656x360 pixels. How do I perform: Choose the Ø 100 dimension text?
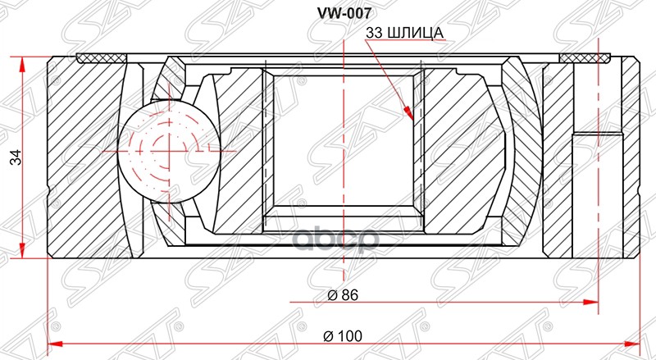coord(343,336)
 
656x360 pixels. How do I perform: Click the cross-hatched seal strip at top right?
coord(586,57)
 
